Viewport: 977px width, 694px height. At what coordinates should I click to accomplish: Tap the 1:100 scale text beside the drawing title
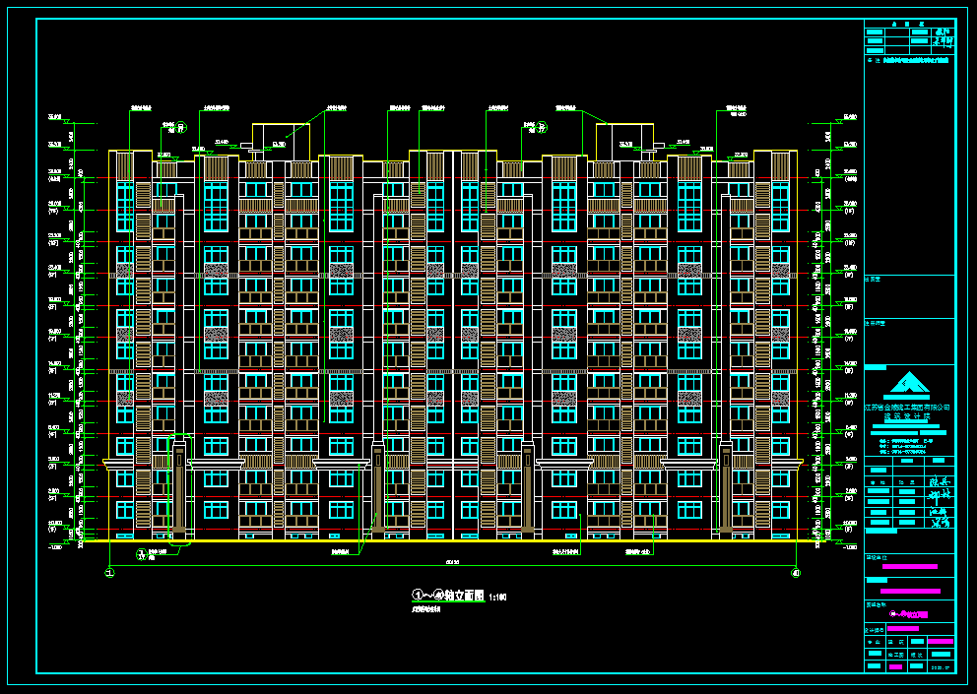(x=497, y=597)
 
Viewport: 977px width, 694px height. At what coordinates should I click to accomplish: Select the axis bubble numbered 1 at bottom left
(x=109, y=573)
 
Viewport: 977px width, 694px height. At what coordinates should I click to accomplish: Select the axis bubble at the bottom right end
(x=796, y=573)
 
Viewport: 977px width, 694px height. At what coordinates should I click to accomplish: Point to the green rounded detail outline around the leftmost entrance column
(x=179, y=488)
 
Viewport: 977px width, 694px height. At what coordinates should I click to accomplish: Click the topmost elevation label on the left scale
(x=55, y=117)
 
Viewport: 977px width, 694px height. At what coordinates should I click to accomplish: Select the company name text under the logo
(x=907, y=406)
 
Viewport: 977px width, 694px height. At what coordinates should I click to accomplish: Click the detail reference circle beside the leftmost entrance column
(x=141, y=553)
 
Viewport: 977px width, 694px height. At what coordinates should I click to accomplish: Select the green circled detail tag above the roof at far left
(x=180, y=126)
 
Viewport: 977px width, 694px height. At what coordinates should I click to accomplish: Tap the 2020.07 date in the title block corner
(x=943, y=667)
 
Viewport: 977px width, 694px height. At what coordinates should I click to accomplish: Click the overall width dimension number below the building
(x=452, y=562)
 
